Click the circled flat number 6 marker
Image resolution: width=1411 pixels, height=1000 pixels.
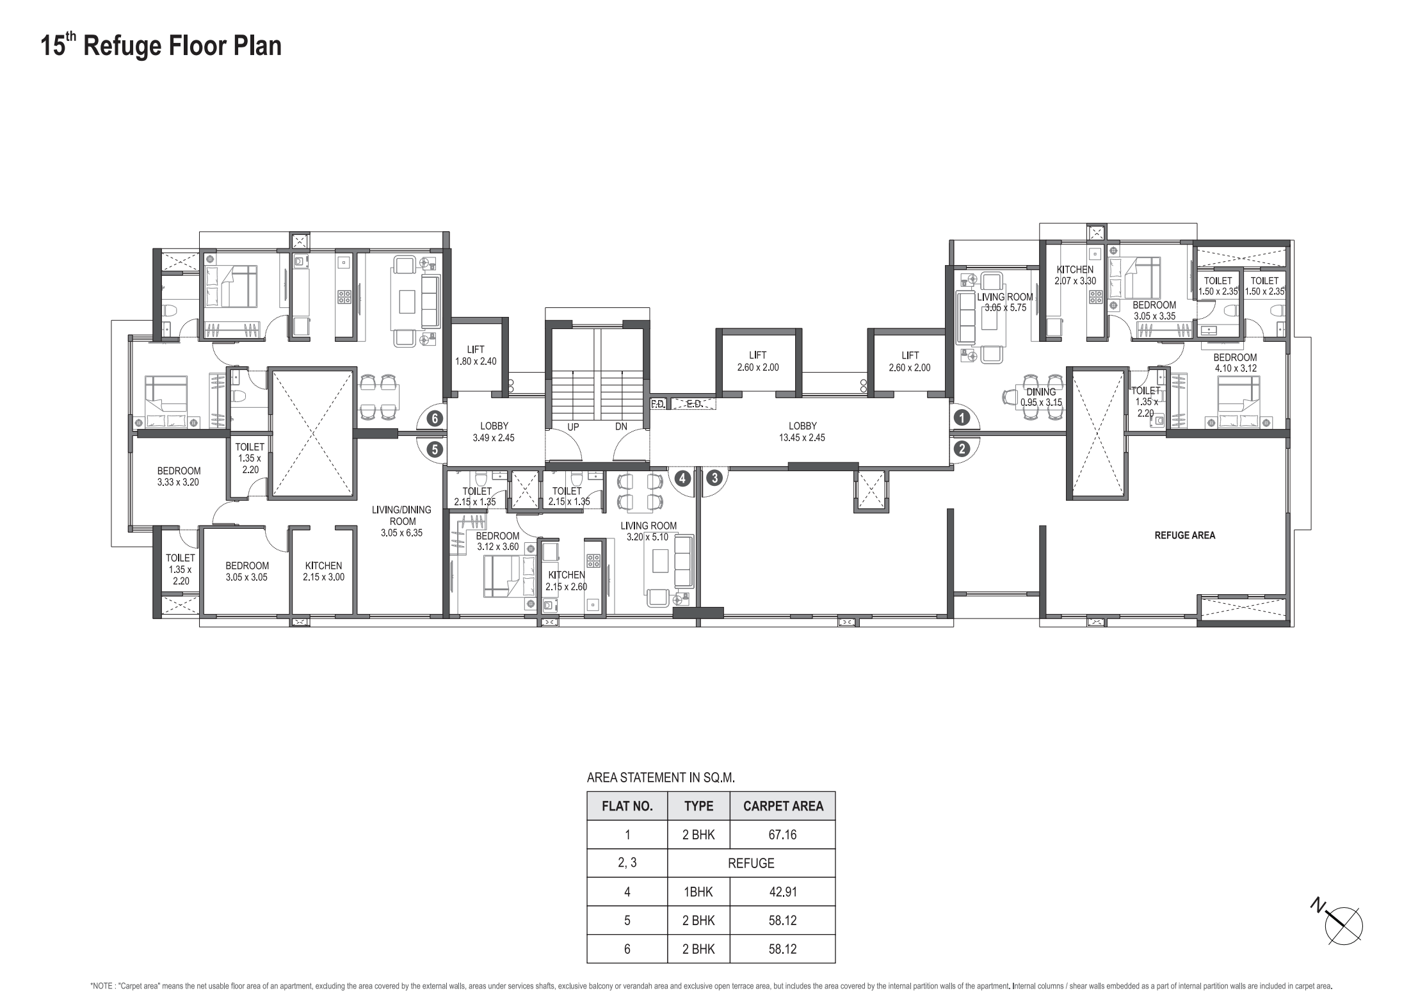click(x=435, y=419)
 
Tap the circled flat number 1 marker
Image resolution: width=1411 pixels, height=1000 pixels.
click(x=962, y=418)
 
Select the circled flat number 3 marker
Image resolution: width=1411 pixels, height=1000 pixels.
click(x=714, y=478)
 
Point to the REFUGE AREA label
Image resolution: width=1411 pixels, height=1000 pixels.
click(x=1184, y=535)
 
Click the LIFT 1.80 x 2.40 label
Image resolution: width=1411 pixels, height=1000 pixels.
click(x=476, y=355)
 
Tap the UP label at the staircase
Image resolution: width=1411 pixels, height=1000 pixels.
click(x=573, y=426)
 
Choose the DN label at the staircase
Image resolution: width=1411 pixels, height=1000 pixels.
click(x=620, y=426)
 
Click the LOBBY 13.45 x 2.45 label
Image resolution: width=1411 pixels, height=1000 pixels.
click(x=802, y=431)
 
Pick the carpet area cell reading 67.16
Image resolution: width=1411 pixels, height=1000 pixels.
click(x=782, y=835)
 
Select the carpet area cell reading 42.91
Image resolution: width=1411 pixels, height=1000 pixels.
click(x=782, y=892)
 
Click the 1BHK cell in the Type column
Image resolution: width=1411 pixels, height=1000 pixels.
click(x=698, y=892)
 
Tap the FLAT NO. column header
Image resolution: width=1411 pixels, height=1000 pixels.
click(x=627, y=806)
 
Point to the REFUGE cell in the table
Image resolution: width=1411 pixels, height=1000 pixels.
click(x=751, y=863)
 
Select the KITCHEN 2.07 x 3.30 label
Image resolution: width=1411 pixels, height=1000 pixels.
click(x=1075, y=275)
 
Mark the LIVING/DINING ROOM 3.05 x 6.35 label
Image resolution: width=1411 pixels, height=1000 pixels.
click(x=402, y=521)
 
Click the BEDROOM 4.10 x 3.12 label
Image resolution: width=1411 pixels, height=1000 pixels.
click(x=1235, y=363)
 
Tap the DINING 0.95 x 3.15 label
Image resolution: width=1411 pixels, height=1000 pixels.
click(x=1041, y=397)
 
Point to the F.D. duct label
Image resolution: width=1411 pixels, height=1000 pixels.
click(x=658, y=404)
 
